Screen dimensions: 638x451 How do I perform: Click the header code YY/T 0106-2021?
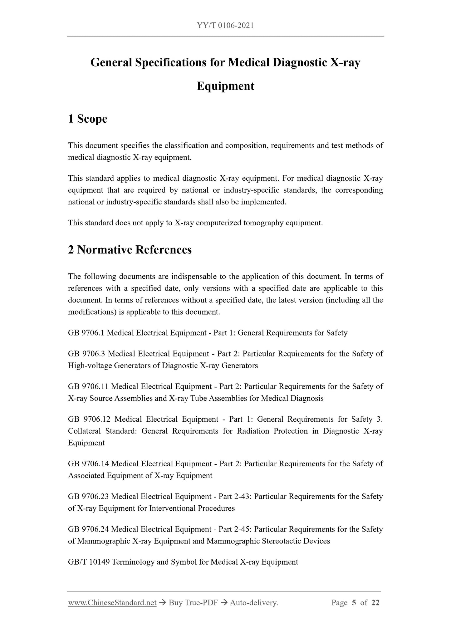tap(225, 25)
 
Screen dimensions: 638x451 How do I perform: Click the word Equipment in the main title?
tap(225, 86)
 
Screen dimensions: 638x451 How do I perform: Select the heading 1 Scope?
tap(88, 119)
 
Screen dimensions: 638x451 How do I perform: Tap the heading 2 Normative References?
tap(130, 250)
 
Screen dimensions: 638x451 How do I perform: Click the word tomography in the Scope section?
tap(263, 223)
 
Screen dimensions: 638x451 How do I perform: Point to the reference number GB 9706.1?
tap(86, 333)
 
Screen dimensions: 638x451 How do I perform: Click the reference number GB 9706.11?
tap(88, 387)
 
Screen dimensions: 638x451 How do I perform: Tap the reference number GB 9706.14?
tap(88, 464)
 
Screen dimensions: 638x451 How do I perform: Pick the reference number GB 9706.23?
tap(88, 497)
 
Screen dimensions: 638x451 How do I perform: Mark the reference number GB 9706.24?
tap(88, 529)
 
